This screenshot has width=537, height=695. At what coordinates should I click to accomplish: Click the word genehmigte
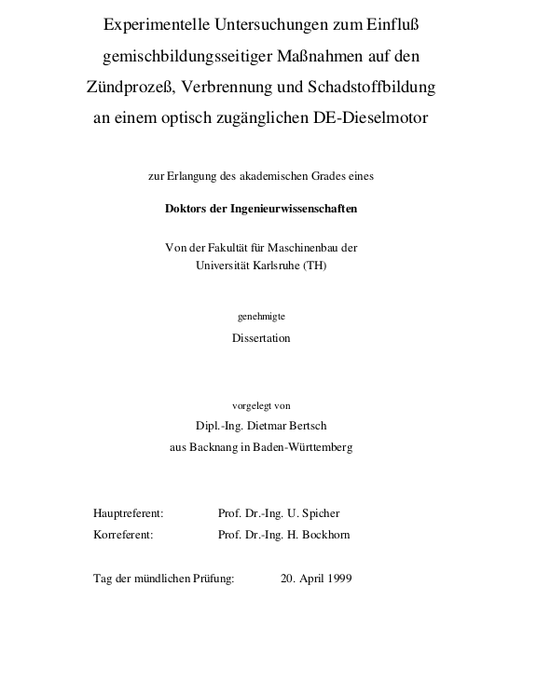point(261,317)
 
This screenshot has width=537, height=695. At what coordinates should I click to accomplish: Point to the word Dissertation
point(261,338)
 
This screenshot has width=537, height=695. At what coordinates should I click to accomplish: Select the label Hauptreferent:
point(129,513)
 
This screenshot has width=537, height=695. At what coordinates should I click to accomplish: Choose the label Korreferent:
point(123,535)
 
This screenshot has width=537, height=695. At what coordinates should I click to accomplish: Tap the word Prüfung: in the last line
point(213,579)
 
